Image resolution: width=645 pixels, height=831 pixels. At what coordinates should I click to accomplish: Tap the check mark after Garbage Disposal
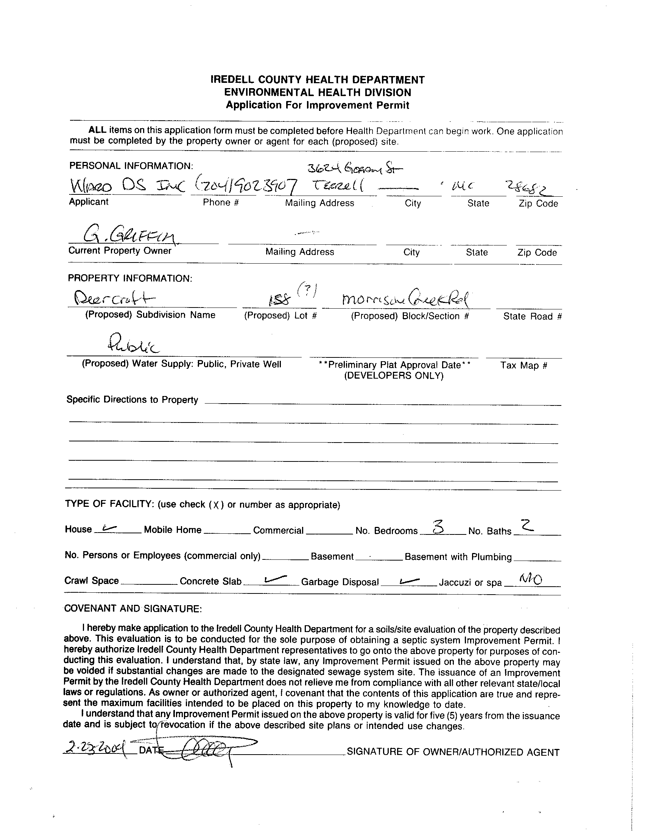point(409,580)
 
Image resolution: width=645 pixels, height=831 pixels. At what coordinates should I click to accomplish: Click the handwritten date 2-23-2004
point(95,749)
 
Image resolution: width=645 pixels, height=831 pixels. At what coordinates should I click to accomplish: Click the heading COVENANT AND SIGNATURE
point(133,609)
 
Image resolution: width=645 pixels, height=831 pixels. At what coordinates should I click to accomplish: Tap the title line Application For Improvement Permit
point(318,105)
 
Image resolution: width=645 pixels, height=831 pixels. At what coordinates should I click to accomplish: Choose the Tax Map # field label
point(523,366)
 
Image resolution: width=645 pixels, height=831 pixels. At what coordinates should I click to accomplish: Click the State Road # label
point(532,316)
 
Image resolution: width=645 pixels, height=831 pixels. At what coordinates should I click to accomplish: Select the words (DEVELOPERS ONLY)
point(394,376)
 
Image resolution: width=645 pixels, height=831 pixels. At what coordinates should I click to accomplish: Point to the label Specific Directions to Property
point(132,399)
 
